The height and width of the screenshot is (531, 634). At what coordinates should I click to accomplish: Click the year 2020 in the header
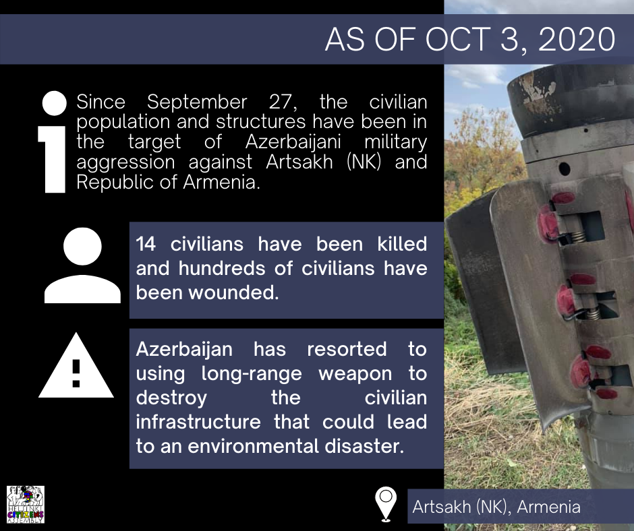577,39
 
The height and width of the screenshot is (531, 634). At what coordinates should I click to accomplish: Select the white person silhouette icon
82,265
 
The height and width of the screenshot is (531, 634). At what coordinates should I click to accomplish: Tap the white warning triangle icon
76,366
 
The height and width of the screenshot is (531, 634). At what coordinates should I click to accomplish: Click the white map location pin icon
386,504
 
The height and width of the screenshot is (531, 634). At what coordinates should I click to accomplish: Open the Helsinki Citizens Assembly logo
26,505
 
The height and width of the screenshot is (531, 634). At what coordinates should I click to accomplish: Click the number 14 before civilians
146,244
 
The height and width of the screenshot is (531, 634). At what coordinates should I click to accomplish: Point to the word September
197,102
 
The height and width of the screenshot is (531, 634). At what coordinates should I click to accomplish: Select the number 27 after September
283,102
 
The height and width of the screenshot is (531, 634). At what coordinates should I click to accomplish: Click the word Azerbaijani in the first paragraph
293,142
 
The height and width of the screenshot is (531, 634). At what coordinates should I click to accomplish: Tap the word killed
402,244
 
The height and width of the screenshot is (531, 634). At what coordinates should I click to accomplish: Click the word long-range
252,374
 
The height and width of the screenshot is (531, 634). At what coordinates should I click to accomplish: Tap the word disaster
364,446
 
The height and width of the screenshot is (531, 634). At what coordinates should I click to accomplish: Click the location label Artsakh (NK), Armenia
496,507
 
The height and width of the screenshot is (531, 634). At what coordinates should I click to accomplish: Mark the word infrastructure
198,422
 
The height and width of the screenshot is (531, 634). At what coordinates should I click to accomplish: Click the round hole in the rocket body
564,168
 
